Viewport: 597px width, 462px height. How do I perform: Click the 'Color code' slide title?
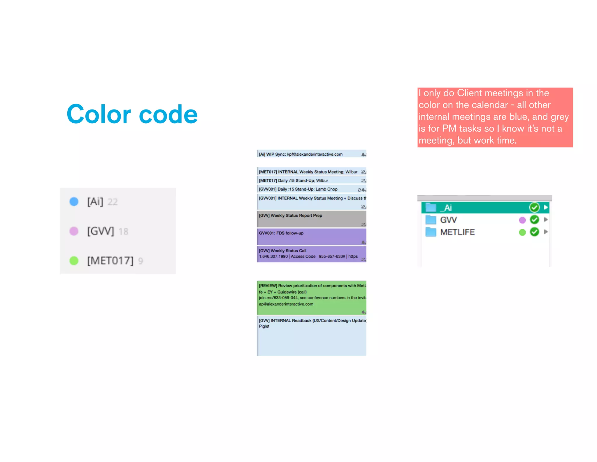132,114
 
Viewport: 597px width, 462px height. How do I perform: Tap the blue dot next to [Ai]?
74,202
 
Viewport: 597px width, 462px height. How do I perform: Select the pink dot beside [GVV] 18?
74,231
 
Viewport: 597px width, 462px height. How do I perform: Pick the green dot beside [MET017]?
74,260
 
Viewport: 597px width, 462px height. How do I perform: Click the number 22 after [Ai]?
113,202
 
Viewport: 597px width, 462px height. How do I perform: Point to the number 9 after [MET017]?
141,261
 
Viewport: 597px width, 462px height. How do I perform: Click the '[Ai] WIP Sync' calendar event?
309,154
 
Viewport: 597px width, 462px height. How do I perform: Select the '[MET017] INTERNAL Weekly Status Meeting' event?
309,172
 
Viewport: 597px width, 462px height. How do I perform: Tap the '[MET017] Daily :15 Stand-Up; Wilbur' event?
309,180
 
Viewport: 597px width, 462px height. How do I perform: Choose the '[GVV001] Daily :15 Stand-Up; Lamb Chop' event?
309,189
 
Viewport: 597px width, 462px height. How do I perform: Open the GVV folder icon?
431,220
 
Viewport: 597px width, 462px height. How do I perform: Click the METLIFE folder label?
457,232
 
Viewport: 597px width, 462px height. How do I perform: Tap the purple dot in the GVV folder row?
522,220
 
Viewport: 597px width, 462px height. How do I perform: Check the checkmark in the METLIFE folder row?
534,232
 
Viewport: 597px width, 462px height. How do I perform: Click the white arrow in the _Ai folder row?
546,207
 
